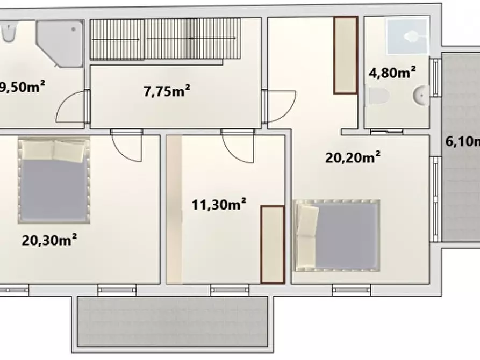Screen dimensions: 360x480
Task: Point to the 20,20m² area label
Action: point(353,157)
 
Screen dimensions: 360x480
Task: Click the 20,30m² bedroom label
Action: point(49,240)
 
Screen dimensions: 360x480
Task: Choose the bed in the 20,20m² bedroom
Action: point(337,235)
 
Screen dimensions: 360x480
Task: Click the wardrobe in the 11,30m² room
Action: point(272,244)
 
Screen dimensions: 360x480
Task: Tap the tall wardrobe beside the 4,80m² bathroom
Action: point(345,55)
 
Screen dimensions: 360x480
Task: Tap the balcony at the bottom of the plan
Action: point(172,321)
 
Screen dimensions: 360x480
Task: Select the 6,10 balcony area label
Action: point(462,142)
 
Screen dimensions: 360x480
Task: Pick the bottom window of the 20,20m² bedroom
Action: point(351,290)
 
